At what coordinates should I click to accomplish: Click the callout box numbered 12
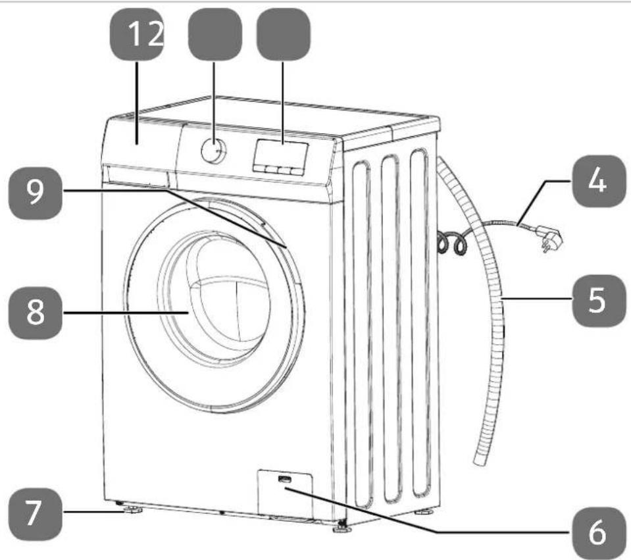coord(138,35)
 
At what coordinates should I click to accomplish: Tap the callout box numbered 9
coord(36,193)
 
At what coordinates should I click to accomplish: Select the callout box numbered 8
coord(36,313)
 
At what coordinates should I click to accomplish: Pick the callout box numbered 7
coord(36,514)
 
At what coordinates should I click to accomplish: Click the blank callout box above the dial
coord(215,35)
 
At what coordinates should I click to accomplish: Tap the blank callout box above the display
coord(284,35)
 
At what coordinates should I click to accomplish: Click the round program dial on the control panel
coord(213,150)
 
